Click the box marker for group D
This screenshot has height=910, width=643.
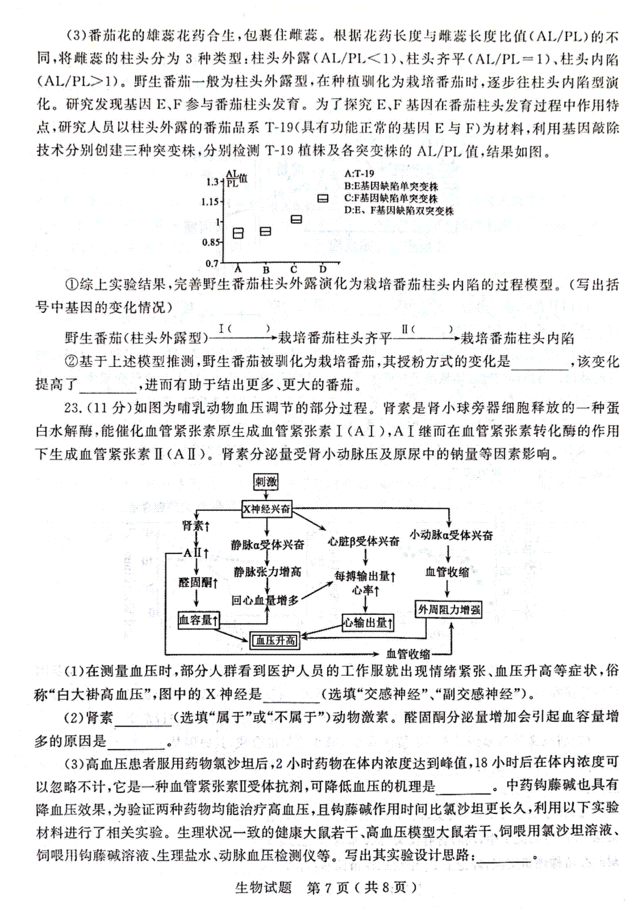tap(323, 199)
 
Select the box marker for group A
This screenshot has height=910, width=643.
tap(238, 233)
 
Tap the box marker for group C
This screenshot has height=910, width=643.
tap(296, 219)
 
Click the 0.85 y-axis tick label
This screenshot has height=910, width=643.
tap(211, 242)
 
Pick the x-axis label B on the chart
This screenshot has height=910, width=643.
tap(266, 270)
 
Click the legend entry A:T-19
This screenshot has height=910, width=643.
tap(360, 174)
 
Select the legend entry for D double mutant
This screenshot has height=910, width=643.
tap(399, 210)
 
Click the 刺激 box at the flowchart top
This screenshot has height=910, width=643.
tap(266, 482)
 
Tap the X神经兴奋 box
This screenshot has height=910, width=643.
tap(267, 509)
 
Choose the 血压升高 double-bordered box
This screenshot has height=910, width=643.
tap(275, 641)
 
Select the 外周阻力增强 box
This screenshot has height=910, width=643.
tap(448, 610)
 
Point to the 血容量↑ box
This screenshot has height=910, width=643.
tap(199, 620)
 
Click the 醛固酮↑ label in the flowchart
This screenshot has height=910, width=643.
tap(198, 583)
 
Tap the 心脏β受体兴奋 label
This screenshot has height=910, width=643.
tap(363, 541)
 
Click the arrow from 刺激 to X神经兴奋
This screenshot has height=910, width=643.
tap(266, 496)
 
